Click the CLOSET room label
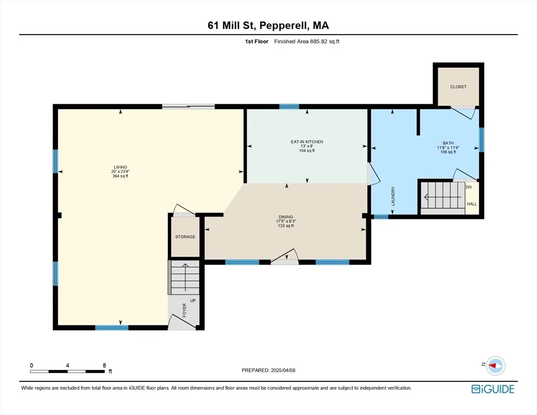(x=458, y=86)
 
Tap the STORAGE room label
(x=185, y=237)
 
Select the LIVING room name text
(x=120, y=167)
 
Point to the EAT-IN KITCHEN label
(x=307, y=142)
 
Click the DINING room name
(x=286, y=217)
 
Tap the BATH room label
(x=448, y=143)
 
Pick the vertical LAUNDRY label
(x=393, y=196)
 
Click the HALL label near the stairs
(x=472, y=204)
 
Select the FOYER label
(x=185, y=310)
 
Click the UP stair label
(x=193, y=300)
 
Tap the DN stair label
(x=468, y=187)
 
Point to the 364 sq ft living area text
(x=120, y=176)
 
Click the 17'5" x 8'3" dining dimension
(x=286, y=222)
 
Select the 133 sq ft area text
(x=286, y=226)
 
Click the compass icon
(x=495, y=366)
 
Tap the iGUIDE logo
(x=493, y=389)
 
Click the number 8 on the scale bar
(x=104, y=365)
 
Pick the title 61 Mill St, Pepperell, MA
(x=268, y=25)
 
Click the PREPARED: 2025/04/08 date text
(x=268, y=370)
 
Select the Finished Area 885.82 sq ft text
(x=307, y=42)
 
